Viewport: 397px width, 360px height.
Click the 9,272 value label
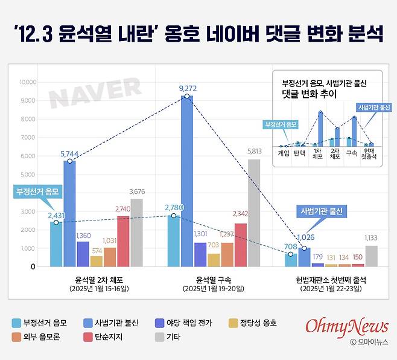click(188, 89)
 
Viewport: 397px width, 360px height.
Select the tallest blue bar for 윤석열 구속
click(187, 181)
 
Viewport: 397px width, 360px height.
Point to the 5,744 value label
click(70, 154)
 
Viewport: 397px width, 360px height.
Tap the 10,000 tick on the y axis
click(28, 82)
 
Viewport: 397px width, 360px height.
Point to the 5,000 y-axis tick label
click(28, 175)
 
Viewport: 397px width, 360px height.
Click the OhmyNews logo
click(346, 327)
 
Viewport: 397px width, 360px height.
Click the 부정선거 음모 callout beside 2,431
click(39, 193)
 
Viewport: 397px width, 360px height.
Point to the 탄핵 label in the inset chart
click(299, 153)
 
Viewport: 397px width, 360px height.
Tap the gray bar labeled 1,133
click(371, 256)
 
